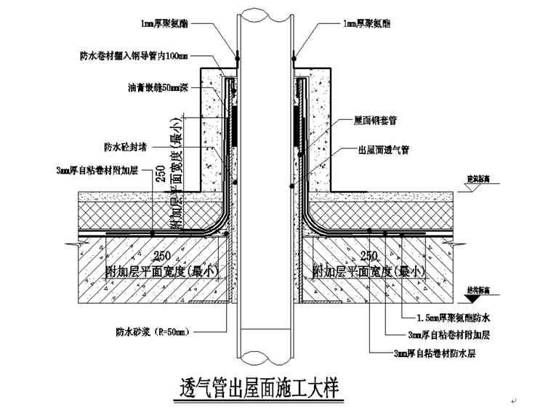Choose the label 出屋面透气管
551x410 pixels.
[x=383, y=150]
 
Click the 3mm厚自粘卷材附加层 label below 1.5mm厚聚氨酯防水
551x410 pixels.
[x=450, y=335]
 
